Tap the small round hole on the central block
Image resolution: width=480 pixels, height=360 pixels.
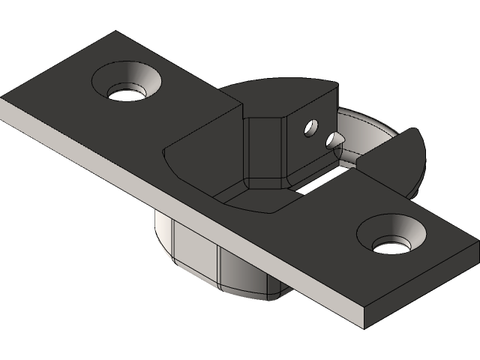(x=310, y=128)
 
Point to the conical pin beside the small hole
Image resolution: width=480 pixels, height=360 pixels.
(x=334, y=139)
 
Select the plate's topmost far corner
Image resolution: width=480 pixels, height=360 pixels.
(x=115, y=31)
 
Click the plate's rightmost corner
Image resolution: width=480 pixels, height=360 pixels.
(x=478, y=244)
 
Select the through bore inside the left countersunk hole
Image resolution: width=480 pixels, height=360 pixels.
(x=125, y=93)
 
